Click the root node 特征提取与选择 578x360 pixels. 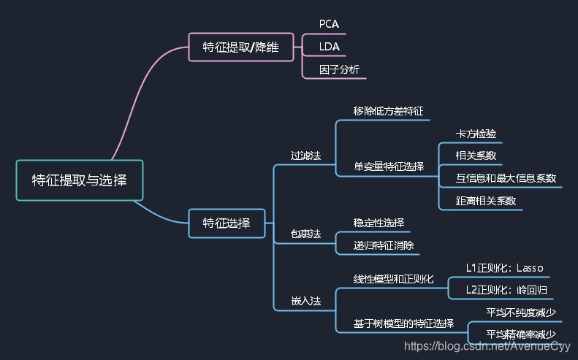point(79,180)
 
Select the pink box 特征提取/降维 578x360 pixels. point(243,47)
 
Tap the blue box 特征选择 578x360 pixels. point(227,223)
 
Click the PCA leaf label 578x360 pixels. point(329,24)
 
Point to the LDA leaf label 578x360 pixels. point(329,47)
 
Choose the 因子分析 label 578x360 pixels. point(338,70)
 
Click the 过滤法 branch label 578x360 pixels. point(305,156)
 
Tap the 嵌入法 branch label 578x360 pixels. point(305,301)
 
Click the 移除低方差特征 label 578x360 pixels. point(388,111)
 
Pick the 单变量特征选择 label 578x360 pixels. point(388,166)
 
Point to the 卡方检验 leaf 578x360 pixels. point(476,134)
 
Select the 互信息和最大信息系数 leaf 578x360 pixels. point(506,177)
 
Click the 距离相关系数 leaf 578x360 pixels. point(486,200)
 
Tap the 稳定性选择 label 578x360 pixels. point(379,223)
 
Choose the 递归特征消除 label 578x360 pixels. point(384,245)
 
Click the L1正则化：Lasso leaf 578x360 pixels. point(504,267)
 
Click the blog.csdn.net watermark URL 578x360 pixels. point(487,347)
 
